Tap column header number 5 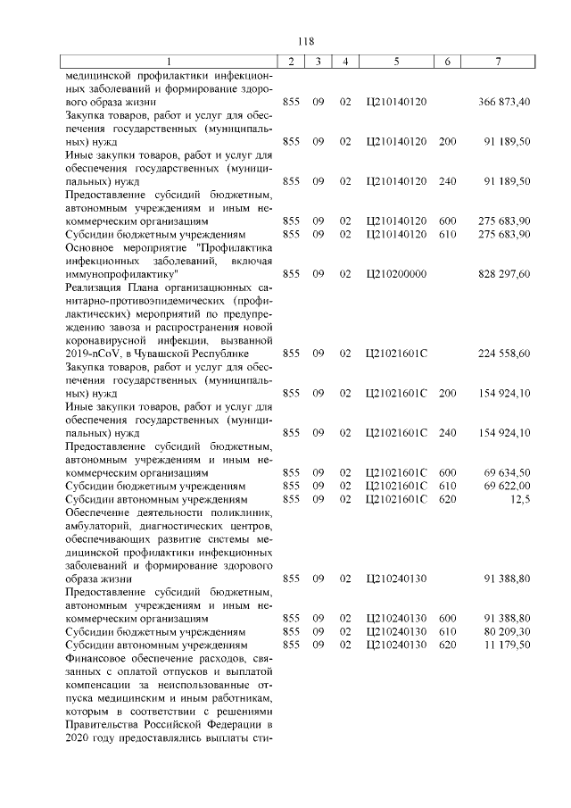tap(394, 61)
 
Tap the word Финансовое tap(97, 657)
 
